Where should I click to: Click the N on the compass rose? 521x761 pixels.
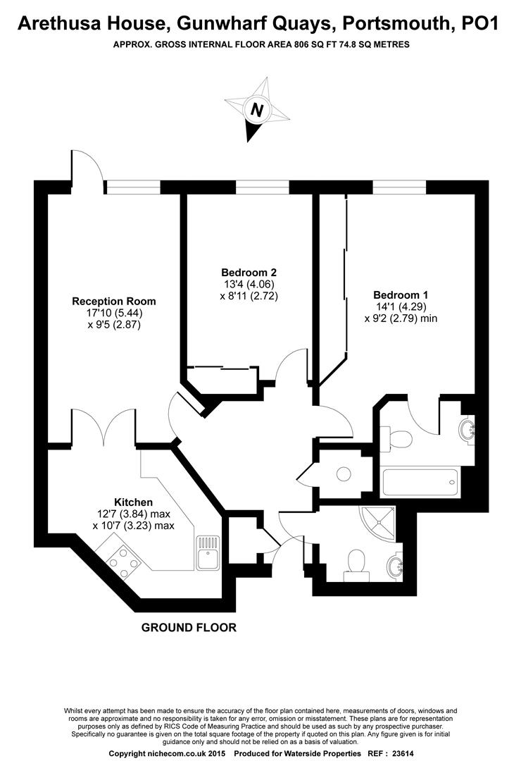[x=258, y=111]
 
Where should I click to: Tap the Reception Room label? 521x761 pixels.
[x=114, y=301]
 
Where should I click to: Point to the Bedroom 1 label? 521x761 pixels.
[x=401, y=295]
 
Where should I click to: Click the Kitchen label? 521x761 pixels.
[x=134, y=502]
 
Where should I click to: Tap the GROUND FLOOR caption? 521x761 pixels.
[x=189, y=627]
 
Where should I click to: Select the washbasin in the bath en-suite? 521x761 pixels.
[x=467, y=429]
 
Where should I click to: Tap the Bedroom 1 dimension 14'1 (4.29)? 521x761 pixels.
[x=401, y=307]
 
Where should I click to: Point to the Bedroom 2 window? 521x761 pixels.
[x=262, y=186]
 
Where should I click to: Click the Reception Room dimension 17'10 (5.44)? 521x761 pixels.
[x=114, y=313]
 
